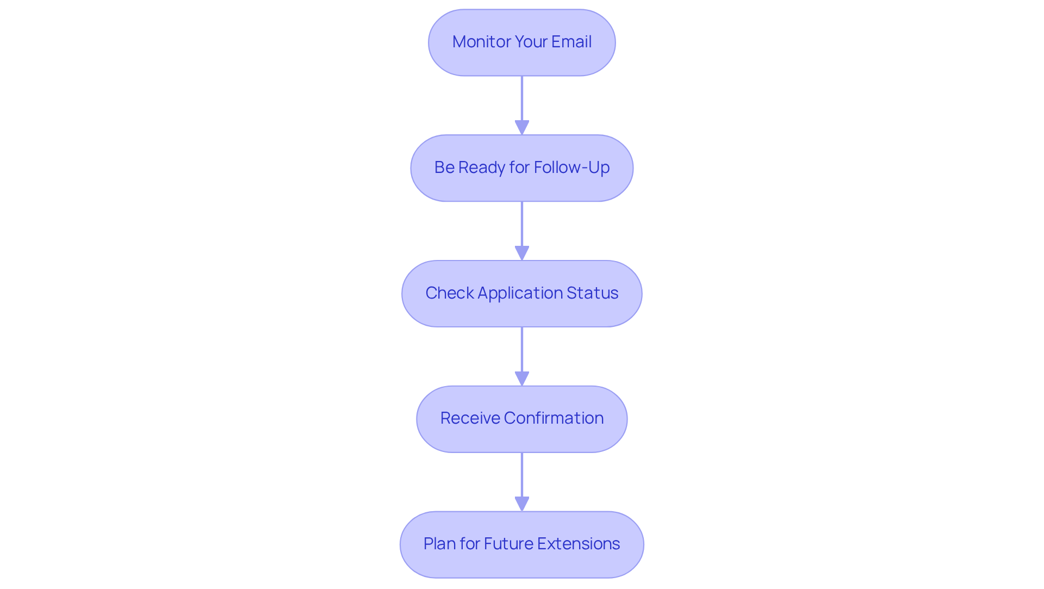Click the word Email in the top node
(x=571, y=42)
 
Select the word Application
(x=520, y=293)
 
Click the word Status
(x=592, y=293)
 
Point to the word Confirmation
(x=554, y=418)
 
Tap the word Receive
(x=469, y=418)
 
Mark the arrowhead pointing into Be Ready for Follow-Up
(x=521, y=127)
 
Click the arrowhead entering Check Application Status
(x=521, y=253)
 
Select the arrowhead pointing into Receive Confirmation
(x=521, y=379)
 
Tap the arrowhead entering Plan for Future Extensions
(x=521, y=504)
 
